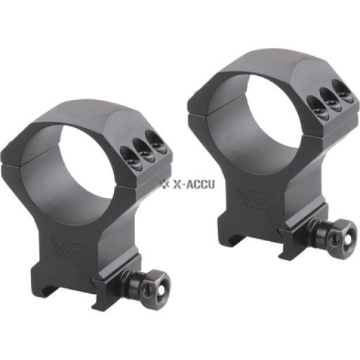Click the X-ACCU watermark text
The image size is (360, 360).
coord(193,184)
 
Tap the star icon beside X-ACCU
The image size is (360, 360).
coord(164,184)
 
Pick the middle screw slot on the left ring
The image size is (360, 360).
coord(143,150)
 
